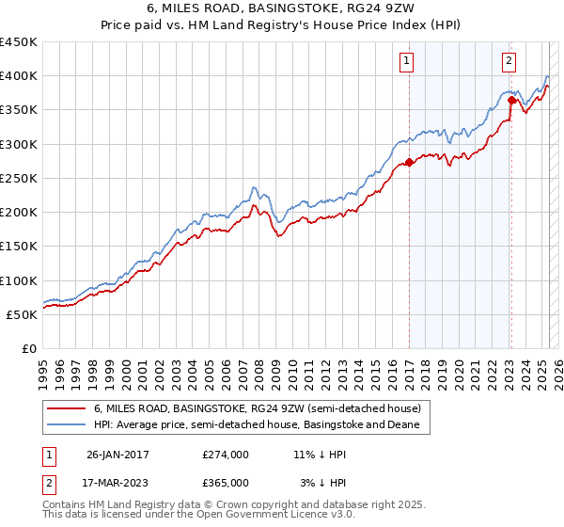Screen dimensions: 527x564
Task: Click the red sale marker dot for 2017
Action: click(x=410, y=162)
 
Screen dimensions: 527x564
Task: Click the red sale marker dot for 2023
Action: click(x=511, y=100)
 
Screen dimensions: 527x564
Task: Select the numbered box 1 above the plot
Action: click(x=407, y=61)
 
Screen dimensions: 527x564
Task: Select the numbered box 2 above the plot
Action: click(x=509, y=61)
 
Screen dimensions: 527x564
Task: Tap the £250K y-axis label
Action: click(x=19, y=178)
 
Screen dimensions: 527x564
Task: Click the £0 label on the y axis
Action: click(x=28, y=348)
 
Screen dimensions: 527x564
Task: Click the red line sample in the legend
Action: click(x=66, y=408)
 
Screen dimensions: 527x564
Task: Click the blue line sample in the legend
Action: click(x=66, y=425)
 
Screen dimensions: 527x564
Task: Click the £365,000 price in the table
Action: click(x=225, y=482)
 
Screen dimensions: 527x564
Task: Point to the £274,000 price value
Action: click(x=225, y=454)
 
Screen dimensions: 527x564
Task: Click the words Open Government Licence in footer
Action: click(x=256, y=516)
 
